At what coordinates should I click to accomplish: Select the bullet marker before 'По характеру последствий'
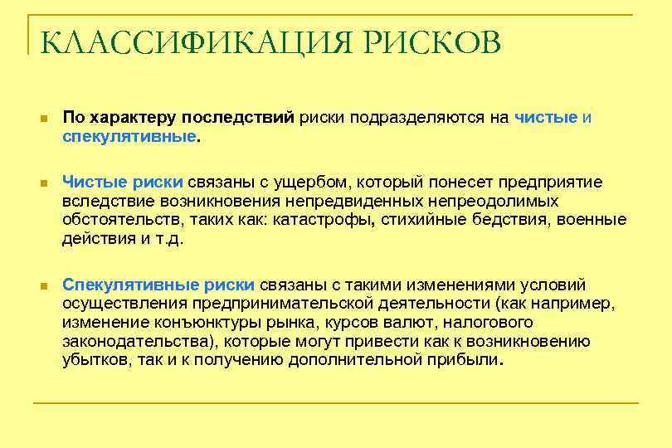(x=43, y=119)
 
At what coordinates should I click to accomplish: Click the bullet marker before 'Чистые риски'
(x=43, y=182)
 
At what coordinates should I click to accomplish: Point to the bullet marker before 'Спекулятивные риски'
(x=43, y=285)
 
